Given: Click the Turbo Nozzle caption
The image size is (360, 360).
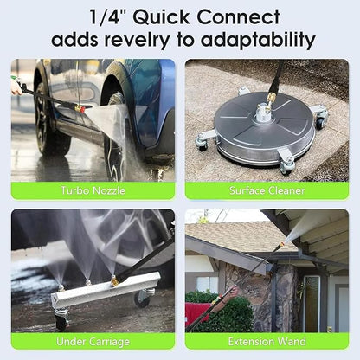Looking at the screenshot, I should coord(93,190).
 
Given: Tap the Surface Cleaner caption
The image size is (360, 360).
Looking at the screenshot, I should coord(267,190).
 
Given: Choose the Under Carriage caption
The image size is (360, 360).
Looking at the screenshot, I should coord(93,342).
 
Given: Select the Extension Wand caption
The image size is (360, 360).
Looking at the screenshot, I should coord(267,342).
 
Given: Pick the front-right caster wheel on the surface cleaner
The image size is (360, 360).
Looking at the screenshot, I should coord(286,164).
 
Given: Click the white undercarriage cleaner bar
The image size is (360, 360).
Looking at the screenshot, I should coord(104,288).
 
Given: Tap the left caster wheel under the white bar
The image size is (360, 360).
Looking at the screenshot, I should coord(61,321).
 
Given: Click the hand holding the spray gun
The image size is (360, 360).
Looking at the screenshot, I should coord(16,87).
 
